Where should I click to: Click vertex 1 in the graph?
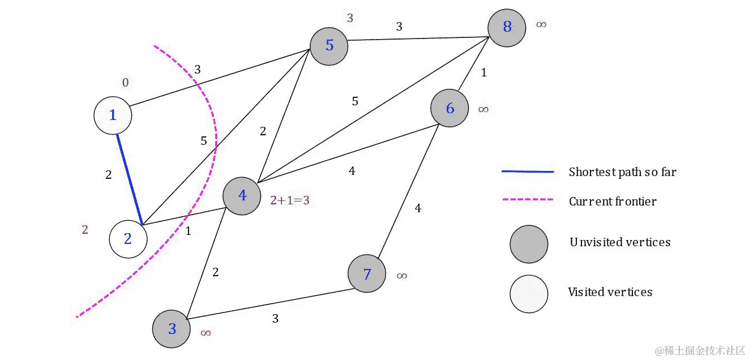[113, 115]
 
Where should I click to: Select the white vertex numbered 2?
[128, 239]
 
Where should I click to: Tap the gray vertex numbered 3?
[172, 329]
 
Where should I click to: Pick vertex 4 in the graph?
[242, 196]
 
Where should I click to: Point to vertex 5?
[329, 45]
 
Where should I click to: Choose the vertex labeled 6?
[450, 108]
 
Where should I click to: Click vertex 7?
[367, 274]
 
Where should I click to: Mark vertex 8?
[507, 27]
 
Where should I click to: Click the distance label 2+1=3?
[290, 200]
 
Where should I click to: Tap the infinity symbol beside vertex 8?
[541, 25]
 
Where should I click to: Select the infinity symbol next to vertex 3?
[206, 333]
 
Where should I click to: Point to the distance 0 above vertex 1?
[125, 83]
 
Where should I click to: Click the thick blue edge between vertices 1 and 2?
[129, 178]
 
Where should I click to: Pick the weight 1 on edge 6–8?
[483, 72]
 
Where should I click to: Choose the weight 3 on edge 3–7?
[275, 319]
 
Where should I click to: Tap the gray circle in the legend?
[529, 244]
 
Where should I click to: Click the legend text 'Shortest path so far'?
[622, 172]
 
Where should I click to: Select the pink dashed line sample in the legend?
[527, 200]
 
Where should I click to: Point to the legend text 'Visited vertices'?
[610, 292]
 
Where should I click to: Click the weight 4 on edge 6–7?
[418, 208]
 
